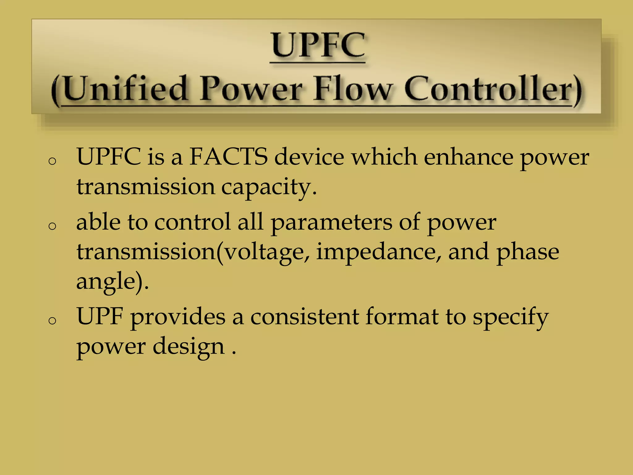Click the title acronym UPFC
pos(318,45)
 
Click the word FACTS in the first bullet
pos(228,157)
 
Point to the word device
pos(309,157)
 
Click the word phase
pos(528,252)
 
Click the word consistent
pos(304,317)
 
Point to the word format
pos(402,317)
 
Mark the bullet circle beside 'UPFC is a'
pos(53,161)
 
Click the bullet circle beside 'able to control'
pos(53,226)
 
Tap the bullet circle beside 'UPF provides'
pos(53,321)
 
